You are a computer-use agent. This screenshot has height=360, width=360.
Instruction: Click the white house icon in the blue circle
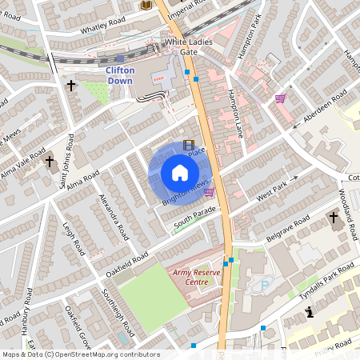180,173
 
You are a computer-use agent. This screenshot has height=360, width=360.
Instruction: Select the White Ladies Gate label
180,46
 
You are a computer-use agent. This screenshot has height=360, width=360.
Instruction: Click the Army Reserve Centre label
196,278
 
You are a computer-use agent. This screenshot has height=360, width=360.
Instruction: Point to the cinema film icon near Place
189,145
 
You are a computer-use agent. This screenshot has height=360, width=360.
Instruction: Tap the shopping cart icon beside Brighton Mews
209,191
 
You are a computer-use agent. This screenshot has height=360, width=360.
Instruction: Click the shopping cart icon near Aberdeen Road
280,99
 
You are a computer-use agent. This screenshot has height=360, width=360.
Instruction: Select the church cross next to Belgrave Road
334,218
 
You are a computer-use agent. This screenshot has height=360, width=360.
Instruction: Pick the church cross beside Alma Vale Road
50,162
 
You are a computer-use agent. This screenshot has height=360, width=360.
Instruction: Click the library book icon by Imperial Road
146,5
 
